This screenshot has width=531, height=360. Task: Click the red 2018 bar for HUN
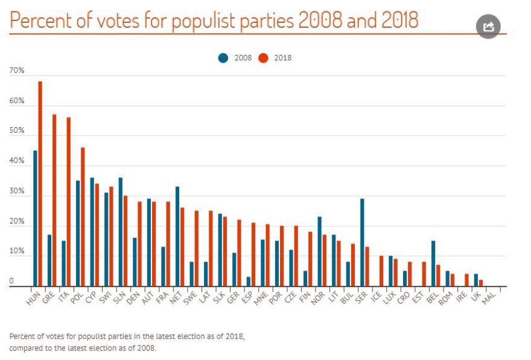40,184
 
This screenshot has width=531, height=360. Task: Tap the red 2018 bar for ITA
69,202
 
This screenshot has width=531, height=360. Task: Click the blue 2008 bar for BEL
433,264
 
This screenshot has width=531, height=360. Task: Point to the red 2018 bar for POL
83,217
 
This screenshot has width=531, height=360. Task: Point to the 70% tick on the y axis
17,71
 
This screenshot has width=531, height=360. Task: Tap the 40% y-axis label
17,162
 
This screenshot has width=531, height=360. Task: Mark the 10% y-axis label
17,251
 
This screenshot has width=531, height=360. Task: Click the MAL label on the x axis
489,297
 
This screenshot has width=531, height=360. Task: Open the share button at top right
489,27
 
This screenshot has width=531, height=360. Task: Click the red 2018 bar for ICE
381,271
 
